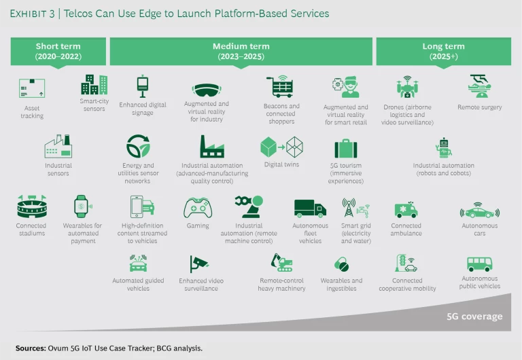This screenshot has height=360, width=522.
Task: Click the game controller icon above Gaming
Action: click(x=198, y=206)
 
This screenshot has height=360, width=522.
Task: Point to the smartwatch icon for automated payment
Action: click(x=83, y=206)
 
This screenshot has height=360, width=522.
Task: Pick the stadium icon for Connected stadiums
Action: click(x=31, y=206)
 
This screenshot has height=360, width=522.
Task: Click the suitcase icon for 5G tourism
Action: click(x=345, y=148)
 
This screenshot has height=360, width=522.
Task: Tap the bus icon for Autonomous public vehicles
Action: click(x=479, y=264)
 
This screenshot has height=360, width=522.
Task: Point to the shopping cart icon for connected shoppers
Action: click(x=280, y=86)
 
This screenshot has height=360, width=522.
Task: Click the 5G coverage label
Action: click(x=474, y=317)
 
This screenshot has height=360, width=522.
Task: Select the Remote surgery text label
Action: click(x=480, y=107)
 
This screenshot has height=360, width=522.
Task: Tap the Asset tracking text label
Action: click(x=31, y=111)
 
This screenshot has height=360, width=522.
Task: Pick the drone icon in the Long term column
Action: click(x=408, y=86)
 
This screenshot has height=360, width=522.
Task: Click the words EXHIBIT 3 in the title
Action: click(x=37, y=13)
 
